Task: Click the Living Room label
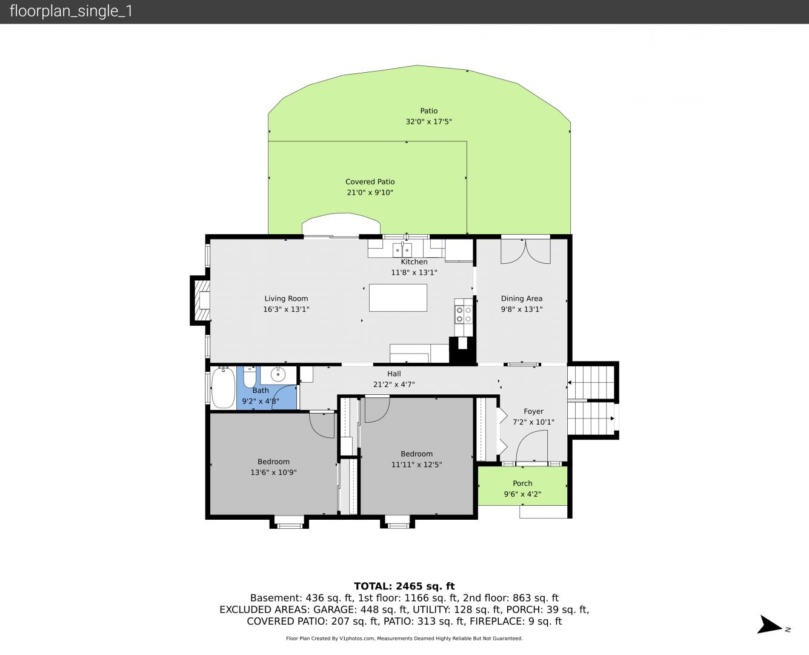coord(286,299)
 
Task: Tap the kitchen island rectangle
coord(398,298)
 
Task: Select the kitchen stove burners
coord(464,315)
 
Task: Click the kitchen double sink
coord(402,250)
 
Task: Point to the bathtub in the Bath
coord(223,388)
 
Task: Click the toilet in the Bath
coord(250,377)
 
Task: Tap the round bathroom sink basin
coord(278,374)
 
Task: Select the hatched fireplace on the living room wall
coord(201,300)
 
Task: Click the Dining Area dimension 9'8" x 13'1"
coord(522,309)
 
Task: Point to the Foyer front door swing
coord(531,446)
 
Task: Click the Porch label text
coord(522,483)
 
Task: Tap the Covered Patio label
coord(370,182)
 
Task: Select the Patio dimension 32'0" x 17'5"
coord(429,122)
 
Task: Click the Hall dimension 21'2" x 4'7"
coord(394,385)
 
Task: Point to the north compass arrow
coord(769,624)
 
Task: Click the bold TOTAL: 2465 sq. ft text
coord(404,586)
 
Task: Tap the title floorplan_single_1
coord(71,12)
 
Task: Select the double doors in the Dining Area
coord(525,251)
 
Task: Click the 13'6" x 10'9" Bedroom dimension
coord(273,472)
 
